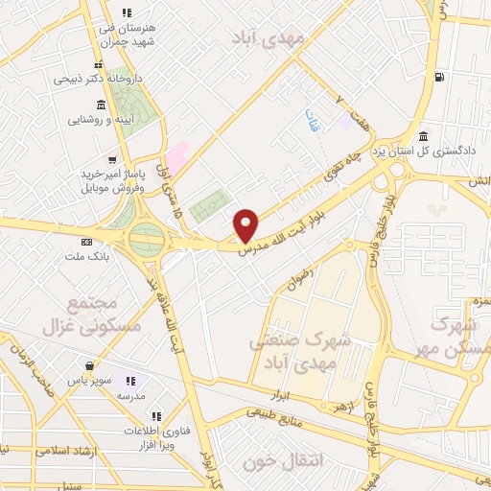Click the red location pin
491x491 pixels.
point(246,224)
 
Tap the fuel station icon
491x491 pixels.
point(439,77)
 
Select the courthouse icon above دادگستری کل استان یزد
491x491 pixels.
point(423,135)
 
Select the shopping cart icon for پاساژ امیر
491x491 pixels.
point(113,159)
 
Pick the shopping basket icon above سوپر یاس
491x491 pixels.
point(89,364)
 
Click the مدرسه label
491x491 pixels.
point(130,395)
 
